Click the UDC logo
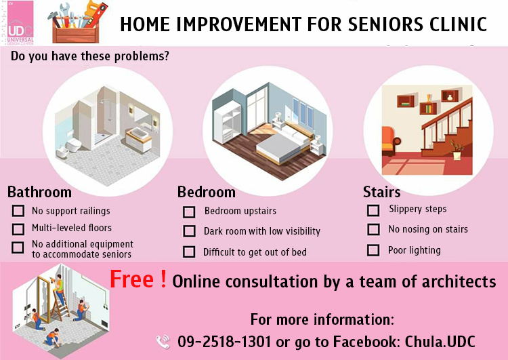(20, 23)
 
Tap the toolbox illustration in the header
(77, 23)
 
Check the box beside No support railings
(18, 210)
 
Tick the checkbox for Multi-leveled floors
(18, 229)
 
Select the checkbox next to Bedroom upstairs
(189, 212)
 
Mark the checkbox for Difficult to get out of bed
(189, 252)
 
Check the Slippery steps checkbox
(373, 210)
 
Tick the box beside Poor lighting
(373, 250)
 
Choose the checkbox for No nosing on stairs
(373, 229)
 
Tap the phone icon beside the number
(163, 342)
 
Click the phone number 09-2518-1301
(224, 342)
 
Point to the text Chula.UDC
(440, 342)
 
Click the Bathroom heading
(39, 192)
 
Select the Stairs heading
(381, 192)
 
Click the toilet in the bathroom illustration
(73, 144)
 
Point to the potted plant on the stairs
(457, 150)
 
